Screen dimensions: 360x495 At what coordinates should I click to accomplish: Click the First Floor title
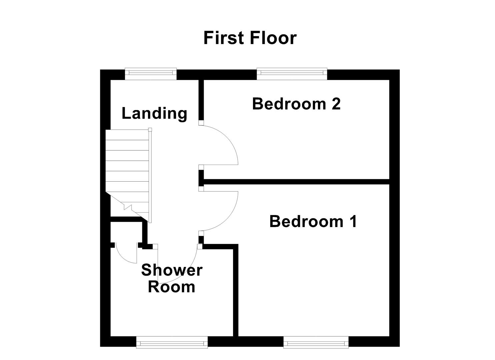pyautogui.click(x=250, y=38)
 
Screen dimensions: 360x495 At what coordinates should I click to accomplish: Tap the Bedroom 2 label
pyautogui.click(x=296, y=104)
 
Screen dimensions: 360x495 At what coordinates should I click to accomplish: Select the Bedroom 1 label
pyautogui.click(x=313, y=221)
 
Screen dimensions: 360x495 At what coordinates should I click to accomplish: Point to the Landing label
pyautogui.click(x=154, y=113)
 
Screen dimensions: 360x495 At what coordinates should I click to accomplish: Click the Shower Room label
pyautogui.click(x=172, y=279)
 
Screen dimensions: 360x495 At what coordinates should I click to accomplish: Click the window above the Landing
pyautogui.click(x=151, y=74)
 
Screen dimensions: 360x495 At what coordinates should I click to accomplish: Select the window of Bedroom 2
pyautogui.click(x=292, y=74)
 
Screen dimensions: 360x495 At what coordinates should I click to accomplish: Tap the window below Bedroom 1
pyautogui.click(x=316, y=342)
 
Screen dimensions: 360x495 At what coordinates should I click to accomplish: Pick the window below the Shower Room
pyautogui.click(x=172, y=342)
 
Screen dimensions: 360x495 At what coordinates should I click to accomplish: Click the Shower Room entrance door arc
pyautogui.click(x=187, y=273)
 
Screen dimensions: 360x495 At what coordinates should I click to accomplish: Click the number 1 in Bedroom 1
pyautogui.click(x=353, y=221)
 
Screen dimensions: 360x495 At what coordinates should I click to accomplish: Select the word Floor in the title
pyautogui.click(x=273, y=38)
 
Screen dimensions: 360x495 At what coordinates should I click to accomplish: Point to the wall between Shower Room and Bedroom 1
pyautogui.click(x=236, y=290)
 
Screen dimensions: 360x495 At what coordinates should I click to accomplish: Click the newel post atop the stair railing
pyautogui.click(x=150, y=129)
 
